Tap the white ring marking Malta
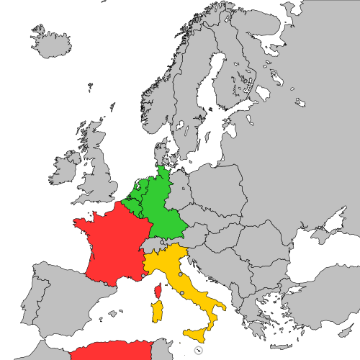click(x=199, y=351)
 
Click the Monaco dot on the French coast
click(x=143, y=276)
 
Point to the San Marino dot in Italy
click(x=180, y=274)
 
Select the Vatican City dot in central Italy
click(x=181, y=293)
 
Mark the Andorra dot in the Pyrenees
click(x=106, y=284)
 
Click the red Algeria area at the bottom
click(x=108, y=352)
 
